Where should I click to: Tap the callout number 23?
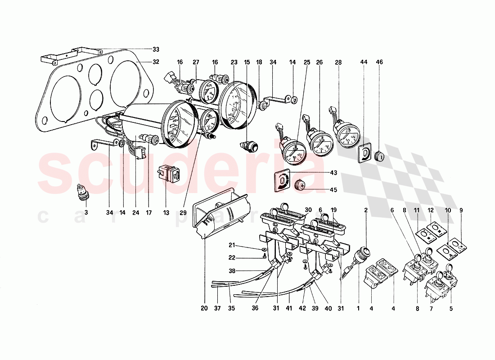tap(234, 62)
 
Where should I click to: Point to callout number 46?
tap(379, 62)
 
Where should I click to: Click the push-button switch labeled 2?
tap(364, 253)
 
